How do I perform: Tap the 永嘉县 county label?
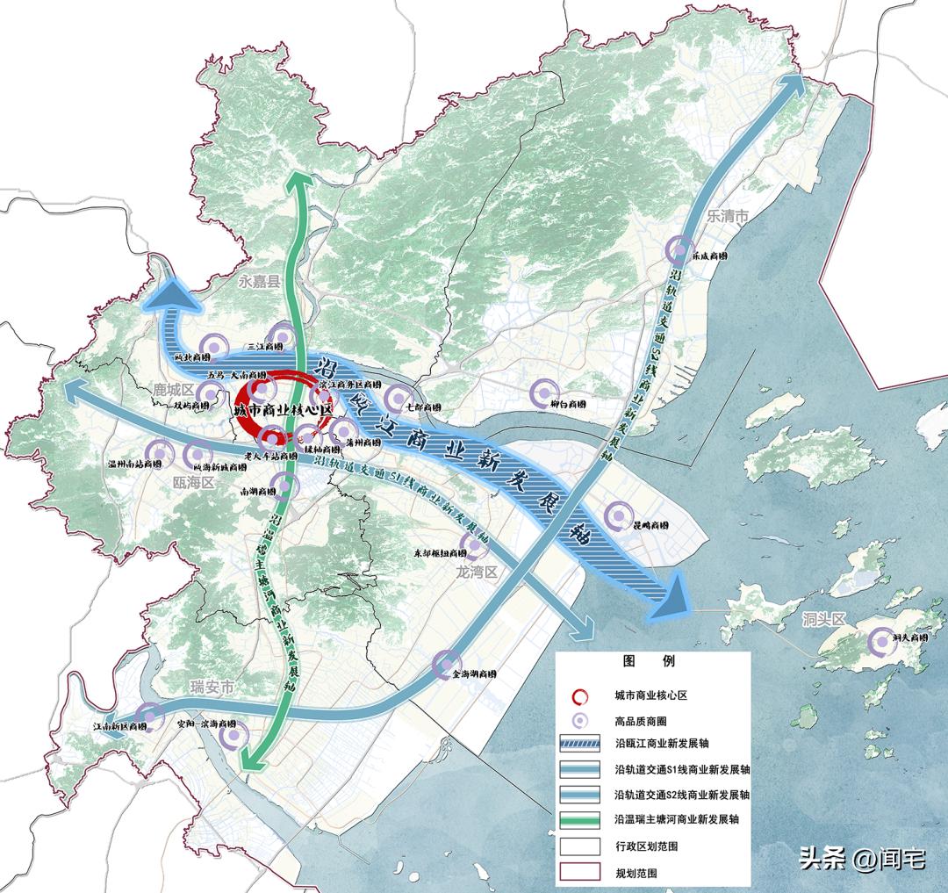pos(258,281)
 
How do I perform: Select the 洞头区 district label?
pos(822,620)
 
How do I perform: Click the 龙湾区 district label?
pos(477,572)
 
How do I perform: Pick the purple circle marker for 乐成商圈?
pos(679,251)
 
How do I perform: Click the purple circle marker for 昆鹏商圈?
pos(619,515)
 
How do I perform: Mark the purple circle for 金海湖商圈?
pos(446,665)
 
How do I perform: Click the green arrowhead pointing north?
pos(300,181)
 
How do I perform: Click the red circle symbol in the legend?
pos(580,695)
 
